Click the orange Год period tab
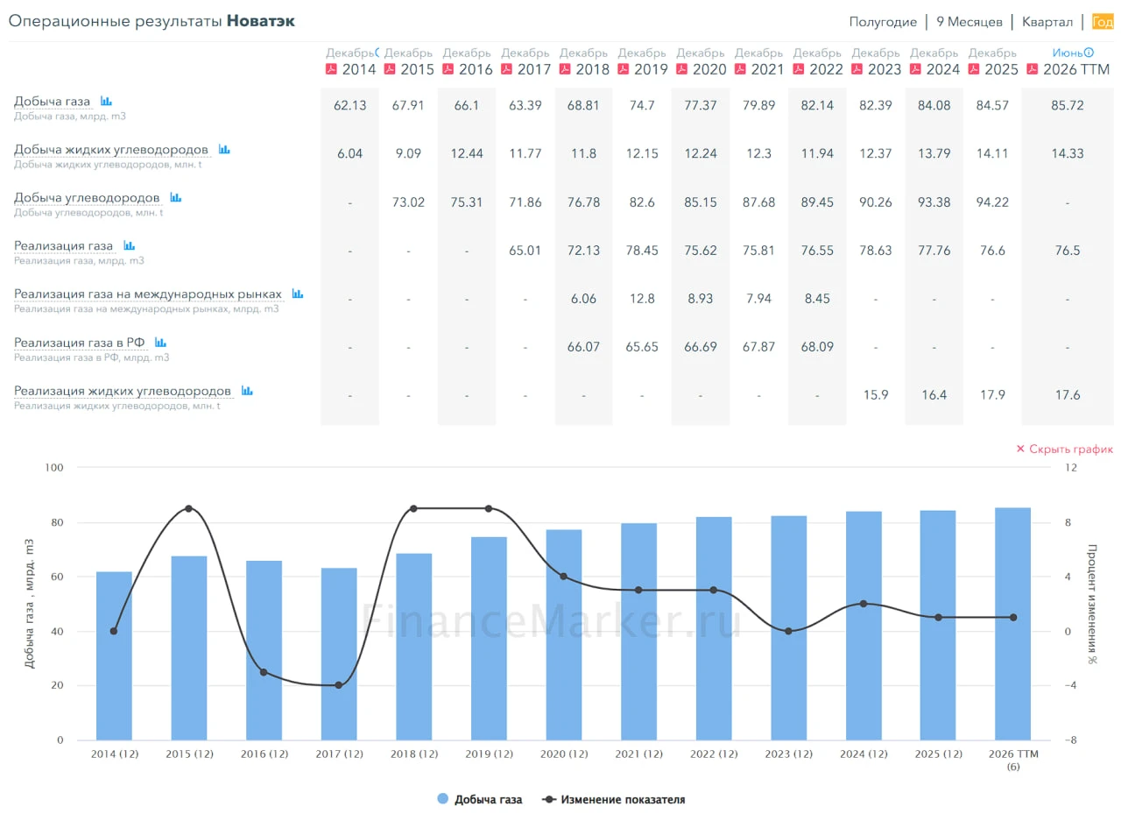(x=1103, y=22)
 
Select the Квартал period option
(x=1047, y=22)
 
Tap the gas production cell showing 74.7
(x=642, y=105)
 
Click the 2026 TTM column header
(x=1076, y=69)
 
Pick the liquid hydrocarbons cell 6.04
(x=349, y=153)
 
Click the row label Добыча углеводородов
(x=87, y=198)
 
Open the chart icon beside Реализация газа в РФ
(x=160, y=343)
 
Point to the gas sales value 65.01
(x=525, y=250)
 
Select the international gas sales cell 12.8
(x=642, y=299)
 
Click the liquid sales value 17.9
(x=992, y=394)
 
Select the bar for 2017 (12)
(x=339, y=654)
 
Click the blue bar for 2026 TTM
(x=1012, y=624)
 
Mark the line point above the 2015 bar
(x=188, y=508)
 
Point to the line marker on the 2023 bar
(x=788, y=631)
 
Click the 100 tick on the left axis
(x=54, y=468)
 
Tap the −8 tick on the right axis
(x=1070, y=740)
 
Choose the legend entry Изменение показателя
(x=614, y=799)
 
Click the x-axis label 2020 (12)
(x=564, y=754)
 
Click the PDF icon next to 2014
(x=331, y=68)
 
